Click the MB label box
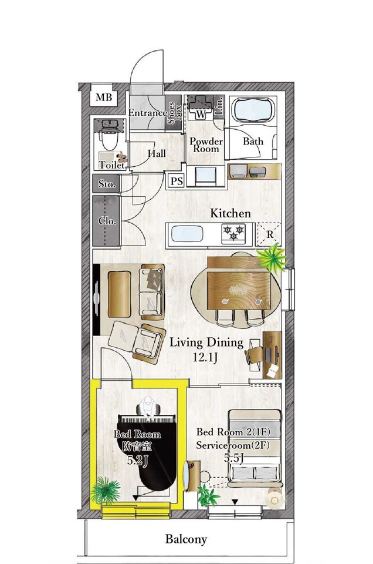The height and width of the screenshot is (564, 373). click(103, 97)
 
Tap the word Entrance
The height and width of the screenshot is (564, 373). click(148, 113)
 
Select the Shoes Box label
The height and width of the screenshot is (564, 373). click(174, 113)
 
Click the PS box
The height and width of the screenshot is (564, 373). click(177, 181)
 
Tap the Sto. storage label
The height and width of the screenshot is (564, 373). click(107, 184)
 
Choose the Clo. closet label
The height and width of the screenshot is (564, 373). click(107, 221)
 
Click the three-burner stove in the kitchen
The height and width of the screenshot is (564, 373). click(233, 231)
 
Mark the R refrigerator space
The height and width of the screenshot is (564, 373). click(270, 234)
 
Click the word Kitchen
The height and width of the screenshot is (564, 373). click(230, 213)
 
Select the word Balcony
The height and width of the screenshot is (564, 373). click(186, 539)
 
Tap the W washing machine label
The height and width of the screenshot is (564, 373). click(201, 115)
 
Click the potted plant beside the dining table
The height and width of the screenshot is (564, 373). click(272, 257)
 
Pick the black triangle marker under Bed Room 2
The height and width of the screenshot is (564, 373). click(235, 502)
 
